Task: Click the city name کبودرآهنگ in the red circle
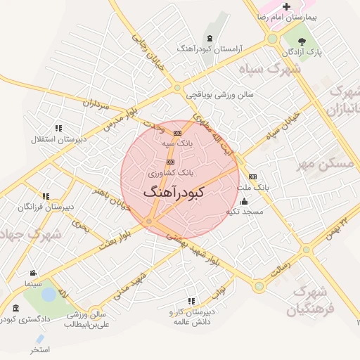[174, 191]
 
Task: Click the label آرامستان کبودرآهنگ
[210, 49]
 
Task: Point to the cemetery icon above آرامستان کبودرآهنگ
[209, 37]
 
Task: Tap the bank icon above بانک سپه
[177, 132]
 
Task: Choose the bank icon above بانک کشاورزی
[169, 162]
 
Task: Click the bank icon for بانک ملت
[252, 176]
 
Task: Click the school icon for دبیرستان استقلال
[58, 128]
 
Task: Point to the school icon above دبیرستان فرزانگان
[46, 196]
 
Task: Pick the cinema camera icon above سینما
[33, 273]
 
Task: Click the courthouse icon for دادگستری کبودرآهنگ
[16, 308]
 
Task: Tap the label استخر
[40, 349]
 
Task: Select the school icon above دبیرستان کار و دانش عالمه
[191, 301]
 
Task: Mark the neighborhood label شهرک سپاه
[276, 69]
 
